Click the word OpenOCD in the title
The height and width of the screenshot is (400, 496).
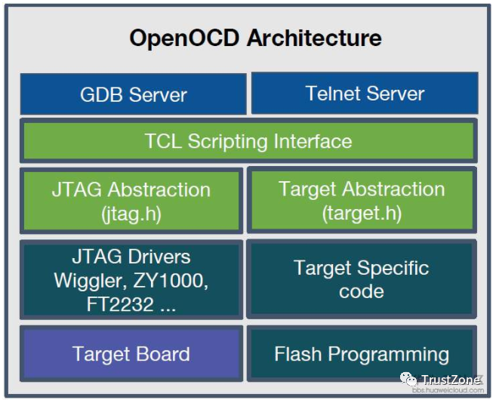pyautogui.click(x=184, y=38)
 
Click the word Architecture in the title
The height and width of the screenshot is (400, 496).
pyautogui.click(x=314, y=38)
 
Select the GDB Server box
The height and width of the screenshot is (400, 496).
pyautogui.click(x=133, y=94)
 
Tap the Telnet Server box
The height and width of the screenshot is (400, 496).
pyautogui.click(x=365, y=93)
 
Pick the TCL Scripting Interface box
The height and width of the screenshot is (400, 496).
pyautogui.click(x=248, y=140)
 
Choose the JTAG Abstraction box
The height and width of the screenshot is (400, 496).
pyautogui.click(x=131, y=201)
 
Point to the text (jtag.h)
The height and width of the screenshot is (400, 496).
pyautogui.click(x=131, y=214)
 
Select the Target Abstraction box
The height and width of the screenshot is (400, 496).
pyautogui.click(x=362, y=200)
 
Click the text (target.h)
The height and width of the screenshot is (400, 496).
pyautogui.click(x=362, y=213)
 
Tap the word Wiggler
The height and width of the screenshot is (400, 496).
pyautogui.click(x=90, y=281)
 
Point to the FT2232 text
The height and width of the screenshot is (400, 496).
pyautogui.click(x=120, y=304)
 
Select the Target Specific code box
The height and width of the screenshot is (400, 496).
pyautogui.click(x=362, y=279)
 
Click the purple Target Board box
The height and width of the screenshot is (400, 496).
pyautogui.click(x=131, y=353)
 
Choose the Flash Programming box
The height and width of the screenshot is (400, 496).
pyautogui.click(x=362, y=353)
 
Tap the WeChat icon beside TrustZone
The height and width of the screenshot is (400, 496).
pyautogui.click(x=408, y=379)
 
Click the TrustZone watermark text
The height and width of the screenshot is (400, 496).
pyautogui.click(x=451, y=379)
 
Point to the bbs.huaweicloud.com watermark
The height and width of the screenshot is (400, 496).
pyautogui.click(x=448, y=390)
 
